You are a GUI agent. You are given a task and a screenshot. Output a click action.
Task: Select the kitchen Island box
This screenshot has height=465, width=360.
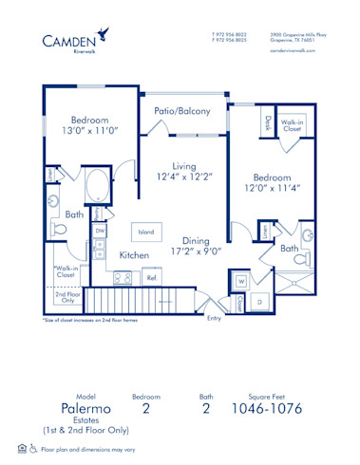point(145,231)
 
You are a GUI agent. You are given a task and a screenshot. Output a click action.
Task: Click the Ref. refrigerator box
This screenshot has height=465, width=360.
point(151,278)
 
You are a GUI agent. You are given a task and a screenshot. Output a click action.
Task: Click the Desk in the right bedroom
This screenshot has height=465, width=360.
point(268,121)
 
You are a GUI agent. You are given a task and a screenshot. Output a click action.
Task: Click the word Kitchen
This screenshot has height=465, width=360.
point(134,255)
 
